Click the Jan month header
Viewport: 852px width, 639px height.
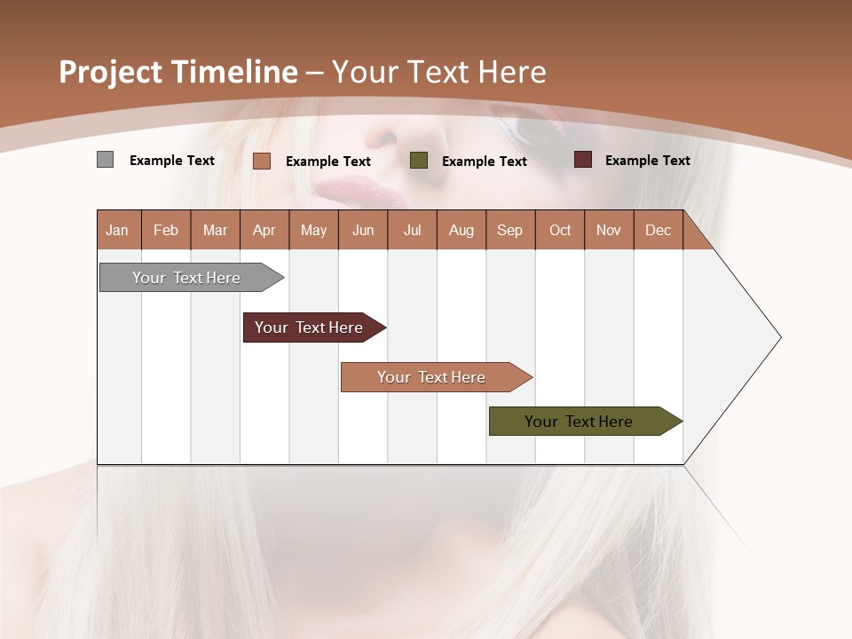(x=118, y=230)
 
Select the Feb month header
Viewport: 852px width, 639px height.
(x=166, y=230)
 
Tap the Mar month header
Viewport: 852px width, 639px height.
(x=215, y=230)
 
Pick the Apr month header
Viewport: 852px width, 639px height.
(x=264, y=230)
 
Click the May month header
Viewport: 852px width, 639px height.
(x=313, y=230)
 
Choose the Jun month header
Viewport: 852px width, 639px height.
(x=363, y=230)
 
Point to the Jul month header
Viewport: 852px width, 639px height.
(x=412, y=230)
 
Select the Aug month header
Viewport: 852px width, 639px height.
(x=461, y=230)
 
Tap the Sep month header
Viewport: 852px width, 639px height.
(x=510, y=230)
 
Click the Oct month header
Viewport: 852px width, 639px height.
(x=560, y=230)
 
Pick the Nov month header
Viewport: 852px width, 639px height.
(x=609, y=230)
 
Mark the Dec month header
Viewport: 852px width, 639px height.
(x=659, y=230)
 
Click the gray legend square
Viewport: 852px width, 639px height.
(x=105, y=160)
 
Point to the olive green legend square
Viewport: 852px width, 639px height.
(x=419, y=160)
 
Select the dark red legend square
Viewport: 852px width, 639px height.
(x=582, y=160)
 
